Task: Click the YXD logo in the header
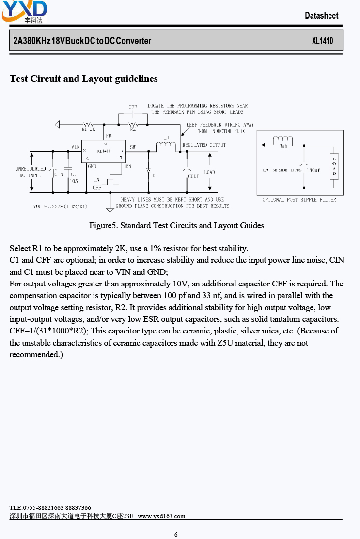point(24,12)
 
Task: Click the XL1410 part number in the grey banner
point(322,41)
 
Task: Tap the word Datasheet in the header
point(322,16)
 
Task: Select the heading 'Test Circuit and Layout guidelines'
point(84,79)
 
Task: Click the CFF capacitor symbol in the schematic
point(133,114)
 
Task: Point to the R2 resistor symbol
point(133,125)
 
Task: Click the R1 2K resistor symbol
point(88,125)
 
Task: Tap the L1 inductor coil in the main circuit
point(166,145)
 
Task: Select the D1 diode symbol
point(149,170)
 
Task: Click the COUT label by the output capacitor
point(193,176)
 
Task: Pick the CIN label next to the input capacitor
point(59,174)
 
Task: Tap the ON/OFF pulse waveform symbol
point(110,182)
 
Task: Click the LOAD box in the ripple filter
point(334,166)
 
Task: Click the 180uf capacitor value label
point(313,170)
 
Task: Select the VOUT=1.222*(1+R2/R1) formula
point(60,206)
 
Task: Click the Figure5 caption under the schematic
point(176,225)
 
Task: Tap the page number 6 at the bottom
point(176,534)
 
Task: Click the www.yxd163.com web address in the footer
point(161,516)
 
